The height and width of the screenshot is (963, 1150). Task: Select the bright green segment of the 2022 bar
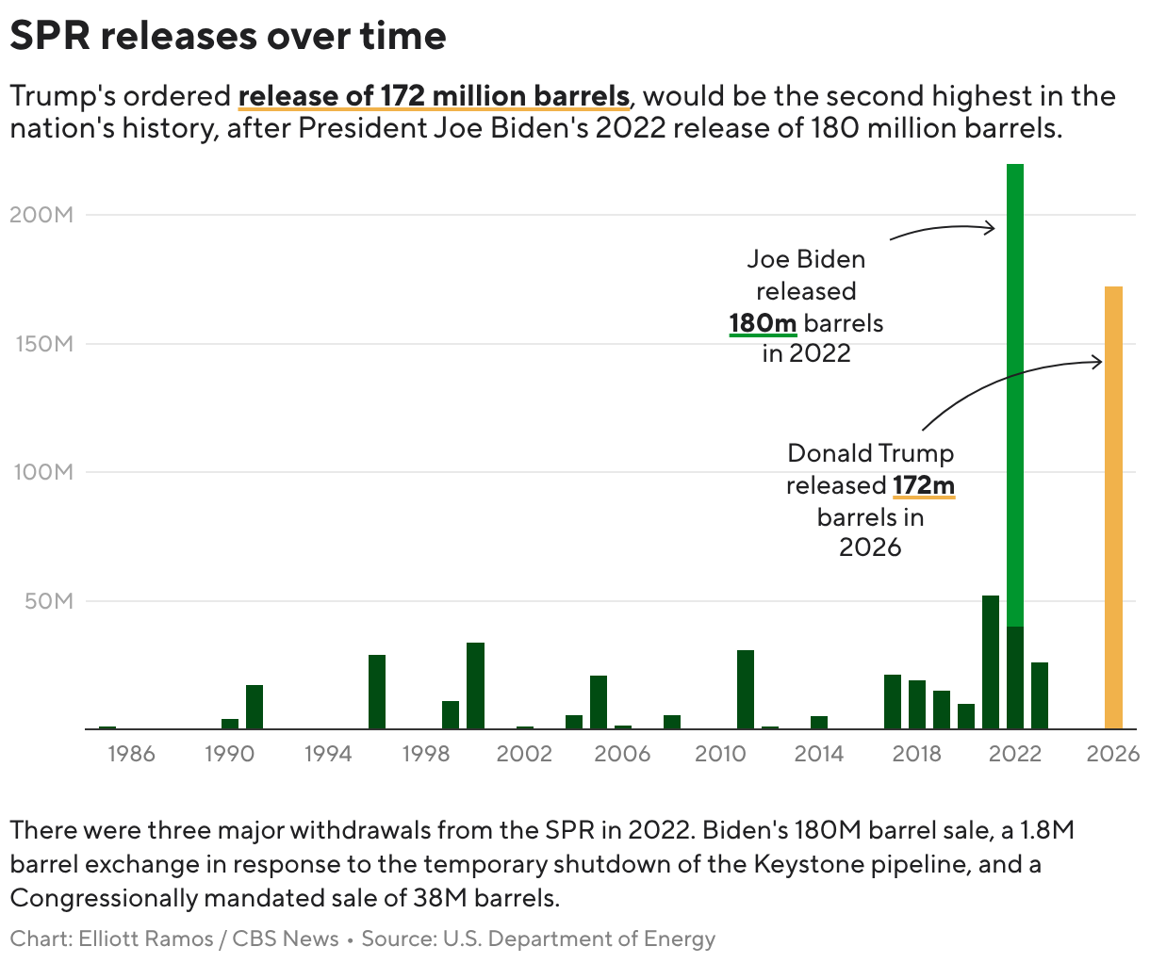click(1015, 396)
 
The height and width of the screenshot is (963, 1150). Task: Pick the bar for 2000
click(475, 685)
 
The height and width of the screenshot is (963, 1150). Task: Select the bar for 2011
click(746, 689)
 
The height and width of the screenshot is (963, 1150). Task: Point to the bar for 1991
click(255, 706)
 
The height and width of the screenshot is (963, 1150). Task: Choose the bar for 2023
click(1040, 695)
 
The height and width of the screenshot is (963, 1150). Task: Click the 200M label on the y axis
click(41, 215)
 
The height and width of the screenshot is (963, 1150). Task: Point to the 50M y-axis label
click(49, 601)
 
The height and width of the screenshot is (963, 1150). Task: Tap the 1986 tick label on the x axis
click(131, 754)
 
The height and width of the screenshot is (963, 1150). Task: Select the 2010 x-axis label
click(720, 754)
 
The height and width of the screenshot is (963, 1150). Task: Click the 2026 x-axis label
click(1113, 754)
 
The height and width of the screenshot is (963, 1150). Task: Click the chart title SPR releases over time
click(228, 36)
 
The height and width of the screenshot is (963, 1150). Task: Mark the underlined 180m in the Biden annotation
click(763, 323)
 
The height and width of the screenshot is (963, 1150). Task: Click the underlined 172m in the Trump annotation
click(924, 485)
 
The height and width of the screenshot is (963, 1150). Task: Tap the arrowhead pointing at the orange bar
click(1098, 361)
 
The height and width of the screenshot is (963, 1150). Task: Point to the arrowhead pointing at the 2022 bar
click(990, 227)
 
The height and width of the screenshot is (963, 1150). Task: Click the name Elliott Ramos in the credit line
click(147, 939)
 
